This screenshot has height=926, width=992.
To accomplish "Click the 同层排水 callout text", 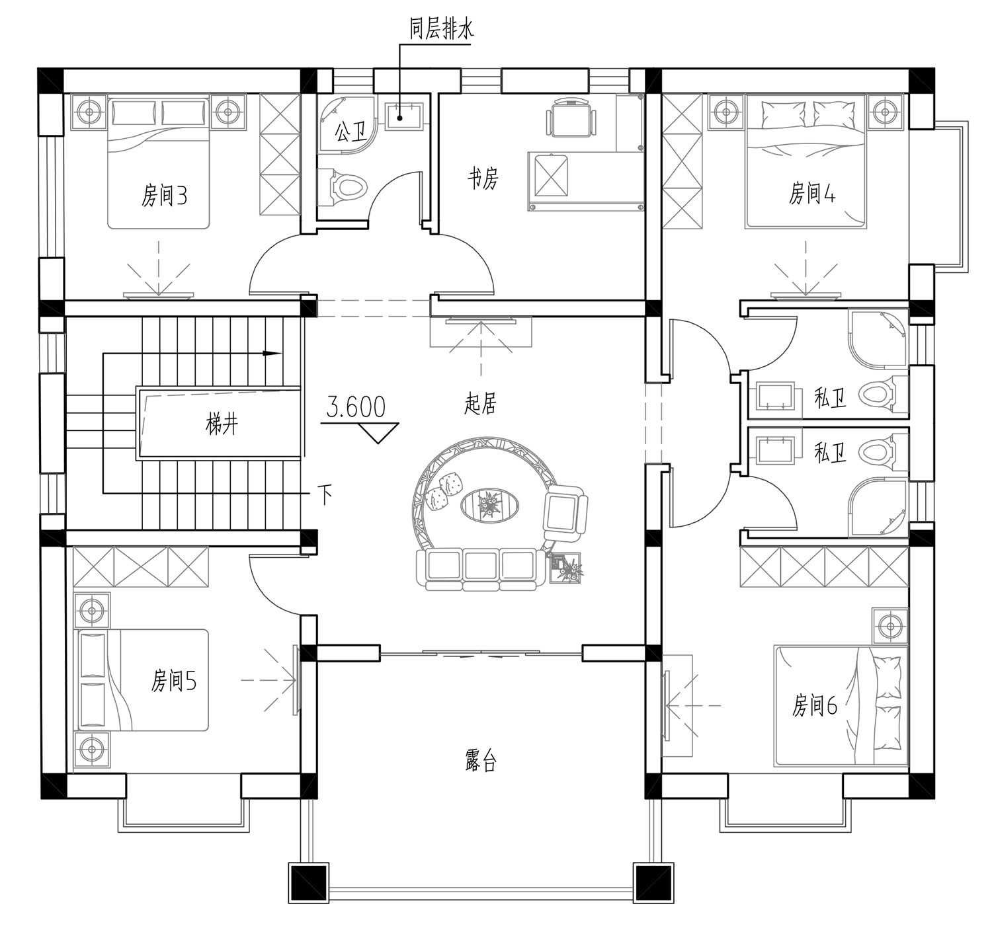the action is (441, 30).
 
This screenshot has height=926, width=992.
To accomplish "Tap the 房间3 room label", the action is (164, 195).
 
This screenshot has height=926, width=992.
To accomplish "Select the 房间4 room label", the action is (811, 193).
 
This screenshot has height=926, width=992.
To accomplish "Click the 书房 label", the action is (483, 178).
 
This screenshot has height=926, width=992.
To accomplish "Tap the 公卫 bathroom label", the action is (351, 132).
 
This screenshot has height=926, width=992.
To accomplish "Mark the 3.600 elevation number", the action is (356, 407).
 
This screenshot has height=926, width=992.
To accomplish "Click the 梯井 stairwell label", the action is (222, 425).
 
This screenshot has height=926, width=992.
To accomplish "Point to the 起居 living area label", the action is (480, 404).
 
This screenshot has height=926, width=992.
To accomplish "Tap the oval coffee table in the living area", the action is (489, 506).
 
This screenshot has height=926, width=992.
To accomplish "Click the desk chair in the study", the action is (571, 117).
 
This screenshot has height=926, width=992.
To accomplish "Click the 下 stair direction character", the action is (325, 495).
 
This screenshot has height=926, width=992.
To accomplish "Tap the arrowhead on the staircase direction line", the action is (272, 354).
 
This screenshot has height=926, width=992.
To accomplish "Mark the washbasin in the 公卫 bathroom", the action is (405, 116).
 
